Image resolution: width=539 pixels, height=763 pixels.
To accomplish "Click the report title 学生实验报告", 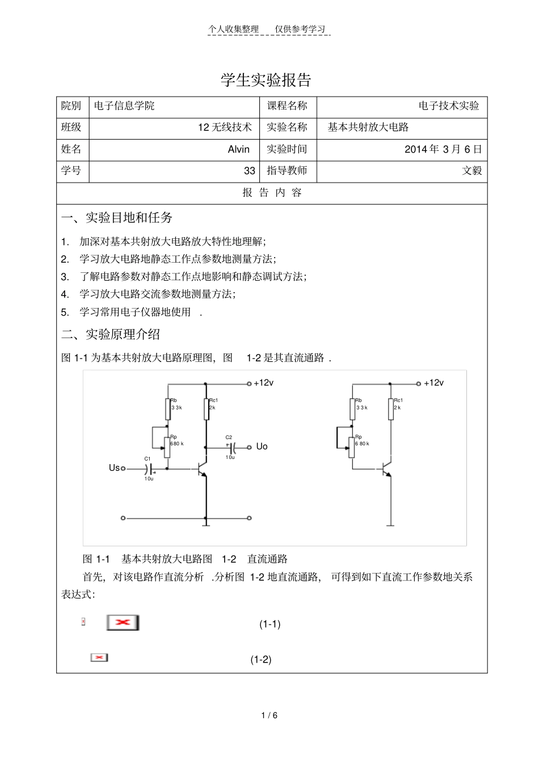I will pyautogui.click(x=266, y=80).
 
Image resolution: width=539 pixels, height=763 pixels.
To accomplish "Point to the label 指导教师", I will pyautogui.click(x=287, y=171).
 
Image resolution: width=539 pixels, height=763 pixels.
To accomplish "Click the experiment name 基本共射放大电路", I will pyautogui.click(x=368, y=127).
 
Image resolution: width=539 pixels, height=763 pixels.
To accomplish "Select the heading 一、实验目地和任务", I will pyautogui.click(x=117, y=217).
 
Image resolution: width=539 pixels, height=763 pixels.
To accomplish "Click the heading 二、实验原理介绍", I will pyautogui.click(x=111, y=334).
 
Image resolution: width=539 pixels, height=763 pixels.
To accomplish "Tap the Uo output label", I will pyautogui.click(x=262, y=446).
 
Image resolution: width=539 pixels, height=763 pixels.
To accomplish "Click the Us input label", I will pyautogui.click(x=114, y=468).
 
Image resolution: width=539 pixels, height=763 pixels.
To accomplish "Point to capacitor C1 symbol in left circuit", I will pyautogui.click(x=149, y=469).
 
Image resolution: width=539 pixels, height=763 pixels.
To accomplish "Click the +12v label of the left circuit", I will pyautogui.click(x=264, y=383).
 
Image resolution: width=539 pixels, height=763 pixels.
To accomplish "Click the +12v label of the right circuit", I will pyautogui.click(x=434, y=383).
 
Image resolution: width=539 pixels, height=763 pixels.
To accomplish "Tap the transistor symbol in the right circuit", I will pyautogui.click(x=386, y=469).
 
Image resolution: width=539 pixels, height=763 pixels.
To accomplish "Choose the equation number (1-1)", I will pyautogui.click(x=270, y=624).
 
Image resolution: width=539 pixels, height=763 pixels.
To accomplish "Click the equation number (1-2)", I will pyautogui.click(x=261, y=660).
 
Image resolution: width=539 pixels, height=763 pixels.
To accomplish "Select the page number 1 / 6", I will pyautogui.click(x=269, y=715).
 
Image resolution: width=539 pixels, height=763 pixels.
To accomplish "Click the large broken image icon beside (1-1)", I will pyautogui.click(x=123, y=622).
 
